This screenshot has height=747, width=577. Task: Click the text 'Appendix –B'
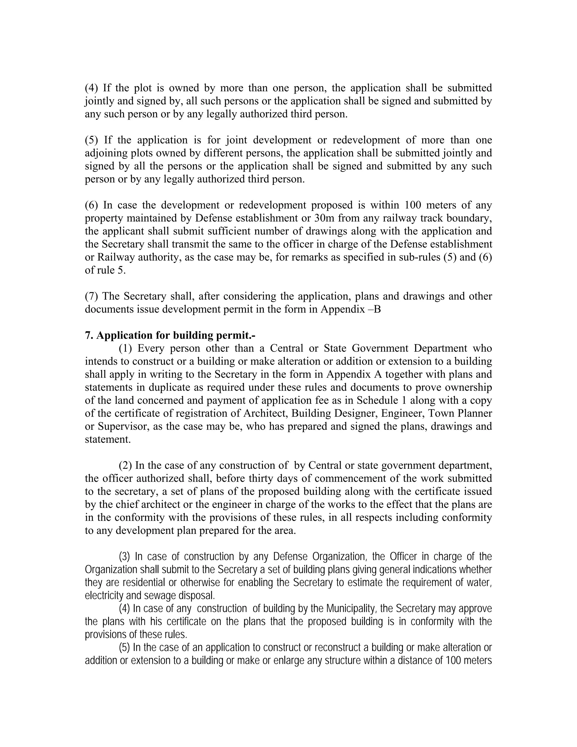pos(351,309)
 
